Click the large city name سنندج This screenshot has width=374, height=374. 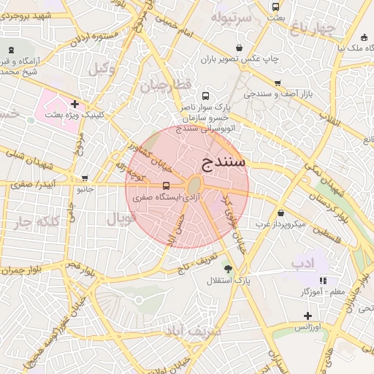point(224,162)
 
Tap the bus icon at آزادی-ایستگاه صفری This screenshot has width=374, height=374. point(166,186)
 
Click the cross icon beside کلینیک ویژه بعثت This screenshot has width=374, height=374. point(75,104)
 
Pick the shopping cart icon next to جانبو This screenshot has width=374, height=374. point(85,178)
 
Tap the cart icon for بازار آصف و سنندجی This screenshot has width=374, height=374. point(278,83)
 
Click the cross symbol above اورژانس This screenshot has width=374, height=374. point(308,316)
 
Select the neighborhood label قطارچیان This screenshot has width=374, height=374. point(165,85)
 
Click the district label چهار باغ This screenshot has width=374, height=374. point(312,29)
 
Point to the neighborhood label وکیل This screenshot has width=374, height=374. point(102,69)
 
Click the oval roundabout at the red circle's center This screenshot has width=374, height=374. point(194,186)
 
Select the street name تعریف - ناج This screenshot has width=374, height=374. point(196,264)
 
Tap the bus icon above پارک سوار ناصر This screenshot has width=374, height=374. point(205,96)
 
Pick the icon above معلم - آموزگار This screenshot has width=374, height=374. point(323,280)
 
